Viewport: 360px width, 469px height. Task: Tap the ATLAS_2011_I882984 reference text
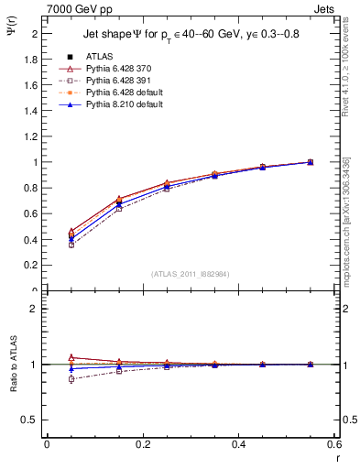(191, 274)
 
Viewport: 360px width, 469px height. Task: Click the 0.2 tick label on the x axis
(142, 444)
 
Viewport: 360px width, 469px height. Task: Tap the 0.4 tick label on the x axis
(238, 444)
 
